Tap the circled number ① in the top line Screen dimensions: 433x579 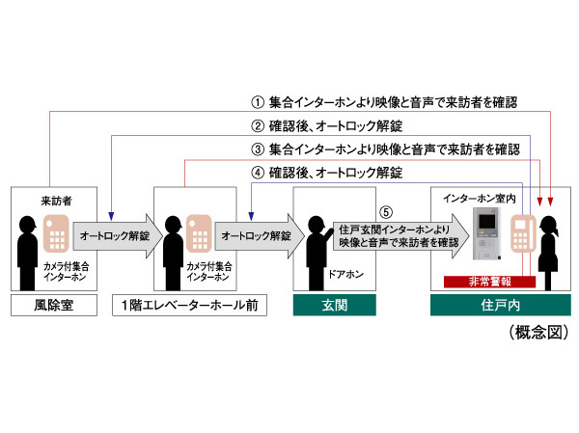258,99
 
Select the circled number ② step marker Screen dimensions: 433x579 258,124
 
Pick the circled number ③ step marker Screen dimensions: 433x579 258,149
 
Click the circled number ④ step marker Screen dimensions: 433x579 258,174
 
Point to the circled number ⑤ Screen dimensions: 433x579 387,212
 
